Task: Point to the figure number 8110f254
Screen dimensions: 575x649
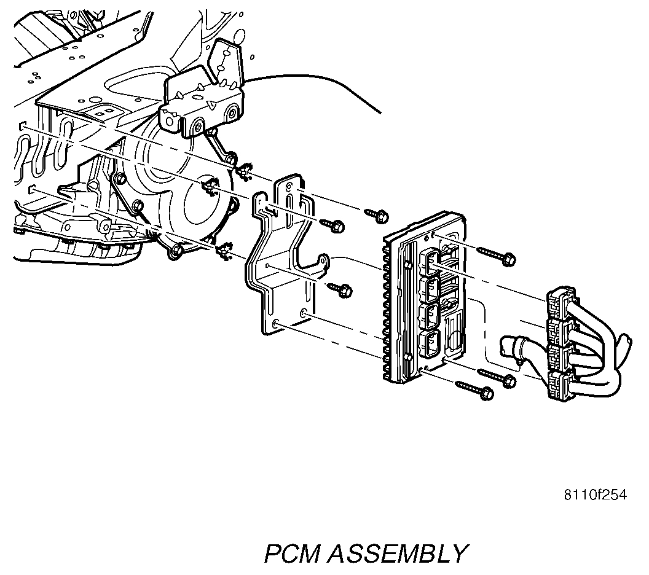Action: pyautogui.click(x=595, y=495)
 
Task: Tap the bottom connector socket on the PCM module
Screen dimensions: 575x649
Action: pyautogui.click(x=430, y=344)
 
